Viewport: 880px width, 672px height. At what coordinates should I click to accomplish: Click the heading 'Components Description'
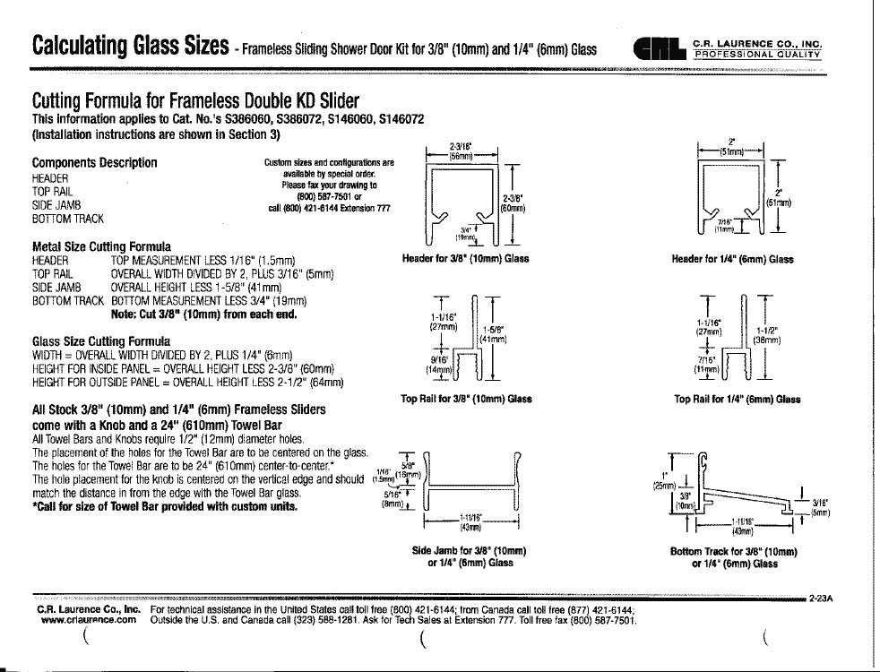pos(94,162)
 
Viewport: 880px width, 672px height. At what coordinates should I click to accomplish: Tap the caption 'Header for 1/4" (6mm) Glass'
pos(732,259)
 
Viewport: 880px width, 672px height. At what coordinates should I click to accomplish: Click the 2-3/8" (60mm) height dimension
pos(513,205)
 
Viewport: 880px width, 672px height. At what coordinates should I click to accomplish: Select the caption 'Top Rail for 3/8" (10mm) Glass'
pos(466,399)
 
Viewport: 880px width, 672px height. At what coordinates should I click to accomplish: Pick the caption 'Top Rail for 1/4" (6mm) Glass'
pos(737,399)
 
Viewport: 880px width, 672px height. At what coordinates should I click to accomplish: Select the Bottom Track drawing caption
pos(734,556)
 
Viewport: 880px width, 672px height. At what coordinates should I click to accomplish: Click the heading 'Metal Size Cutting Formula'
pos(102,246)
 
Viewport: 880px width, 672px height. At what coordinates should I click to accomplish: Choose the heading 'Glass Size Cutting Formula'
pos(100,341)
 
